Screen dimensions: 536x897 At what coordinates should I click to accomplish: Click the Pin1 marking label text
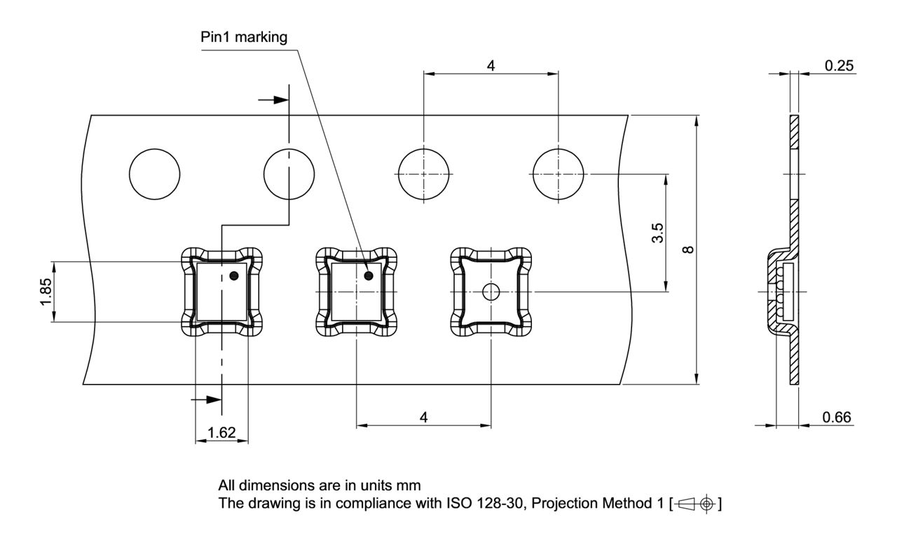[244, 38]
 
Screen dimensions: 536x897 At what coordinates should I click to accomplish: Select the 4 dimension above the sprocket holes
[491, 65]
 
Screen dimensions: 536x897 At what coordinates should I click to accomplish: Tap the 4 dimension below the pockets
[423, 417]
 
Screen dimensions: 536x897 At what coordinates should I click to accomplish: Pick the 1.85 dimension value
[45, 291]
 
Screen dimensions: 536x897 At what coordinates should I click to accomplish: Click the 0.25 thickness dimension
[838, 65]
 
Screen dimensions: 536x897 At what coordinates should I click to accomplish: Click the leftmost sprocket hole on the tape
[155, 174]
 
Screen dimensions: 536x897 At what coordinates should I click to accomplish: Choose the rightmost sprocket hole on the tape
[558, 174]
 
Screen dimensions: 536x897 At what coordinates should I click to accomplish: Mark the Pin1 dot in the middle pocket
[369, 275]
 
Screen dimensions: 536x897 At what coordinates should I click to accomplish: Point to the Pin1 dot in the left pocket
[234, 275]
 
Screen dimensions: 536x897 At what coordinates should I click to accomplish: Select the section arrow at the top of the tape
[274, 99]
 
